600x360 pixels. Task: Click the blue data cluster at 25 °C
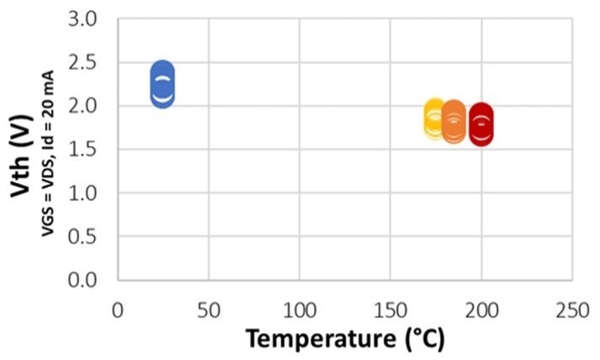click(x=163, y=85)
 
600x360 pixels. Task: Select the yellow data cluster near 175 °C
click(x=435, y=119)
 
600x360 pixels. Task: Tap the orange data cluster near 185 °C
click(x=454, y=122)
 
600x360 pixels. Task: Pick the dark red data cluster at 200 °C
click(x=481, y=124)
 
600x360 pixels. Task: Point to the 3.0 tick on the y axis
click(x=90, y=19)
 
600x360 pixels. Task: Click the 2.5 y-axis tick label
click(x=90, y=62)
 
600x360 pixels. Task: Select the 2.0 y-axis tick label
click(x=90, y=106)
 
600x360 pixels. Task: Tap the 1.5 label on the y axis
click(x=90, y=149)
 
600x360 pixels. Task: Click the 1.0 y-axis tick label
click(x=90, y=193)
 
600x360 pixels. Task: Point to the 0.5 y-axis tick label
click(x=90, y=236)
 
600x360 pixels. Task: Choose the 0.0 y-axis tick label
click(x=90, y=279)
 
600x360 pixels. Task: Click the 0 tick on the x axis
click(x=118, y=310)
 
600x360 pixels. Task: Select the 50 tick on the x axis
click(x=209, y=310)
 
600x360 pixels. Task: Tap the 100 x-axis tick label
click(x=300, y=310)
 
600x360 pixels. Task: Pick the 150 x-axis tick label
click(x=390, y=310)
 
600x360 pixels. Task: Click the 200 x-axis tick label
click(x=481, y=310)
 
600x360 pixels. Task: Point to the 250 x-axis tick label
click(x=572, y=310)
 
